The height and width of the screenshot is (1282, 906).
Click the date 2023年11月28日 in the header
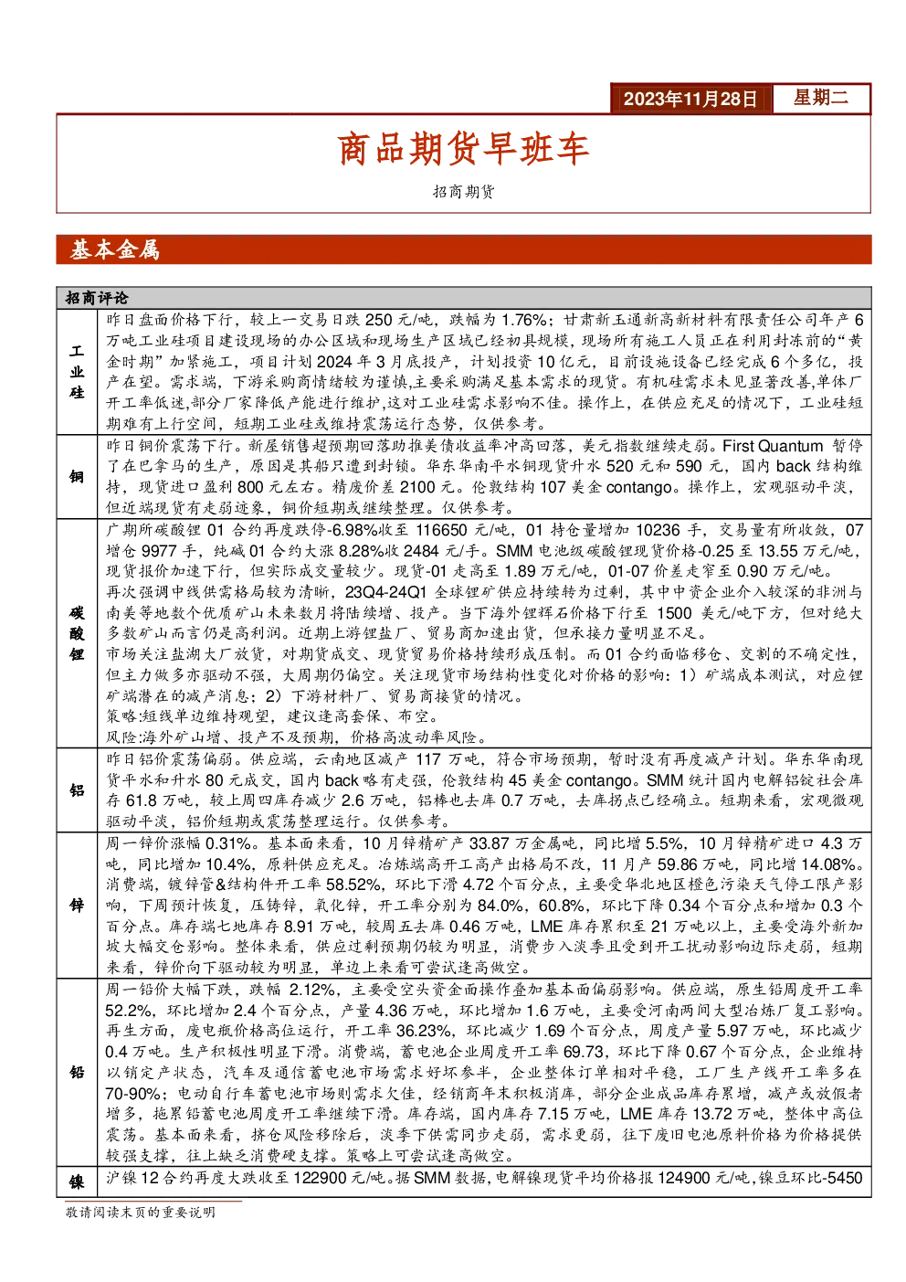point(690,99)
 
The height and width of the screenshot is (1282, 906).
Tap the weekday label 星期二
point(821,97)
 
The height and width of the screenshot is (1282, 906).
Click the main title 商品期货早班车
point(463,149)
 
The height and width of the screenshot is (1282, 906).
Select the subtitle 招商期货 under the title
point(463,191)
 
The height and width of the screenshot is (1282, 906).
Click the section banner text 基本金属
point(115,250)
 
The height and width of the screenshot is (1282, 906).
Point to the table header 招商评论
point(97,298)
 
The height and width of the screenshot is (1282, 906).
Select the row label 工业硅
point(77,371)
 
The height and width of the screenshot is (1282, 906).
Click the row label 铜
point(77,476)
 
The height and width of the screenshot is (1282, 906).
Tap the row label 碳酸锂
point(77,633)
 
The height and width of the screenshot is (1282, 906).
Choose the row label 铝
point(77,789)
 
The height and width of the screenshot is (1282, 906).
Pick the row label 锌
point(77,905)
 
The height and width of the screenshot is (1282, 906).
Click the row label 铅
point(77,1072)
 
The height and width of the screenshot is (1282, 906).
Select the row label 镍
point(77,1181)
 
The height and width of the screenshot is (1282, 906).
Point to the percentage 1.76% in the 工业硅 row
point(524,320)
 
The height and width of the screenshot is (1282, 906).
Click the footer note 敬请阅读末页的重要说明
point(141,1212)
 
